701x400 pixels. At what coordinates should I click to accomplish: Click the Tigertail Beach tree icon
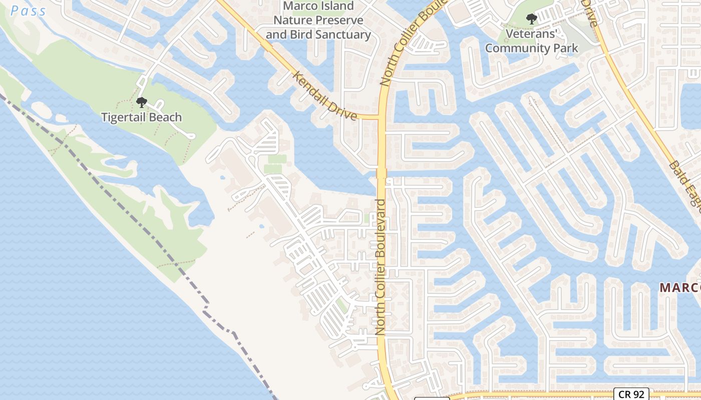(x=142, y=102)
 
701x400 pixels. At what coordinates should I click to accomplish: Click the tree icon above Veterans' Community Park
(x=531, y=19)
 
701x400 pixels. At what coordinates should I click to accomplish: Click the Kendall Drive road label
(x=325, y=95)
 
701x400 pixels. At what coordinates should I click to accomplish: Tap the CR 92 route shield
(x=631, y=394)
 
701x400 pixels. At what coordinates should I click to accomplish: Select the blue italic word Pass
(x=29, y=10)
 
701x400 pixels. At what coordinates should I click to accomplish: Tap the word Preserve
(x=339, y=20)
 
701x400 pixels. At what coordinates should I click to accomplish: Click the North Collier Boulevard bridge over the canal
(x=382, y=173)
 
